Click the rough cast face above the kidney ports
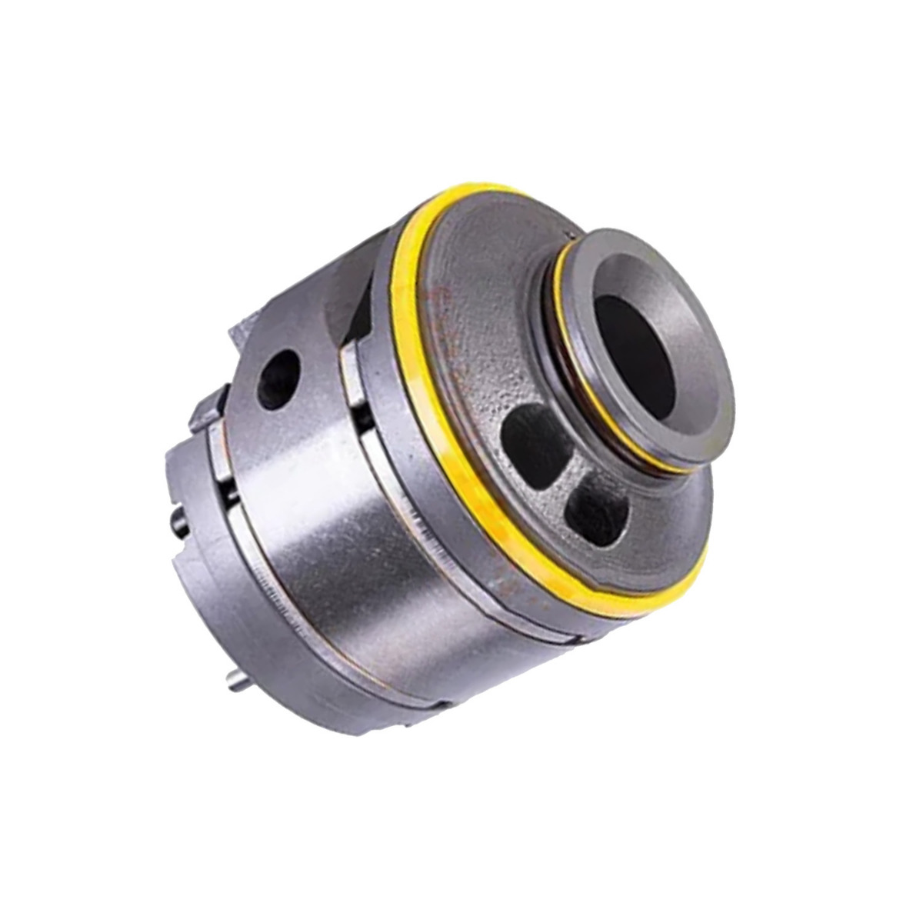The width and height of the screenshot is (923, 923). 492,338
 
